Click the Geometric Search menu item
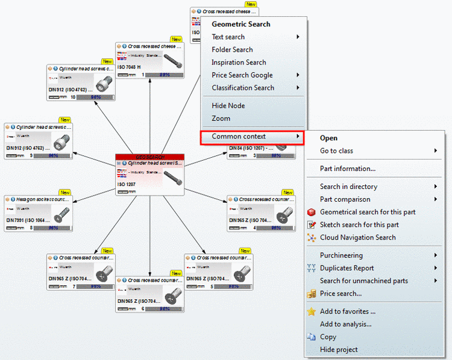tap(241, 24)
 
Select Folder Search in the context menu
tap(232, 49)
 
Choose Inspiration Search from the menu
tap(239, 62)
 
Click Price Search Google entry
tap(242, 75)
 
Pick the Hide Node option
tap(228, 105)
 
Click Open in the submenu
tap(328, 138)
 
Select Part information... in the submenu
tap(348, 169)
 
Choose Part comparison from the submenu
tap(345, 199)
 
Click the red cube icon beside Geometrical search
tap(312, 212)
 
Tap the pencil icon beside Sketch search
tap(312, 225)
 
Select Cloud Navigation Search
tap(358, 237)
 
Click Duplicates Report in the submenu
tap(347, 268)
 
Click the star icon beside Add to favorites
tap(312, 311)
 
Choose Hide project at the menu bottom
tap(339, 349)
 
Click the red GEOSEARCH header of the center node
tap(149, 157)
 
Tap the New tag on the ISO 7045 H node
tap(176, 39)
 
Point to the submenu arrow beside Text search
tap(298, 37)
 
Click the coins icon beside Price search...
tap(312, 294)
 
